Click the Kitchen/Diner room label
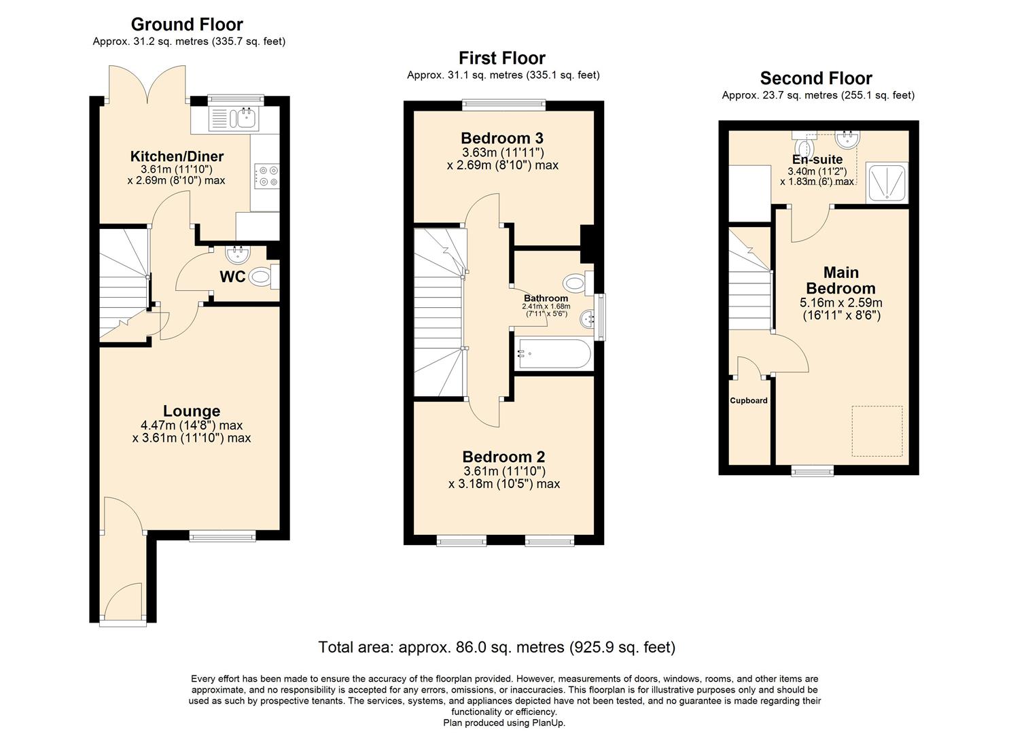(177, 156)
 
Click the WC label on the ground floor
(232, 277)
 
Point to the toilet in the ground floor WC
(262, 277)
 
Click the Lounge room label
(192, 411)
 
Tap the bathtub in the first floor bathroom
(552, 353)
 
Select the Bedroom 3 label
(502, 138)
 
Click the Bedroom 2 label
(503, 457)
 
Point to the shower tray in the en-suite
(887, 182)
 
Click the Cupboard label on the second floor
(749, 401)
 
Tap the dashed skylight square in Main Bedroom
(877, 432)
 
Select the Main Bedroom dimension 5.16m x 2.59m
(840, 303)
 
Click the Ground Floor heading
(187, 24)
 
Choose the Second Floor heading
(816, 78)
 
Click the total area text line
(497, 647)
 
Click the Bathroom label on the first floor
(546, 298)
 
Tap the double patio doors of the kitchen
(146, 85)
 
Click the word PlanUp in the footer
(549, 723)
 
